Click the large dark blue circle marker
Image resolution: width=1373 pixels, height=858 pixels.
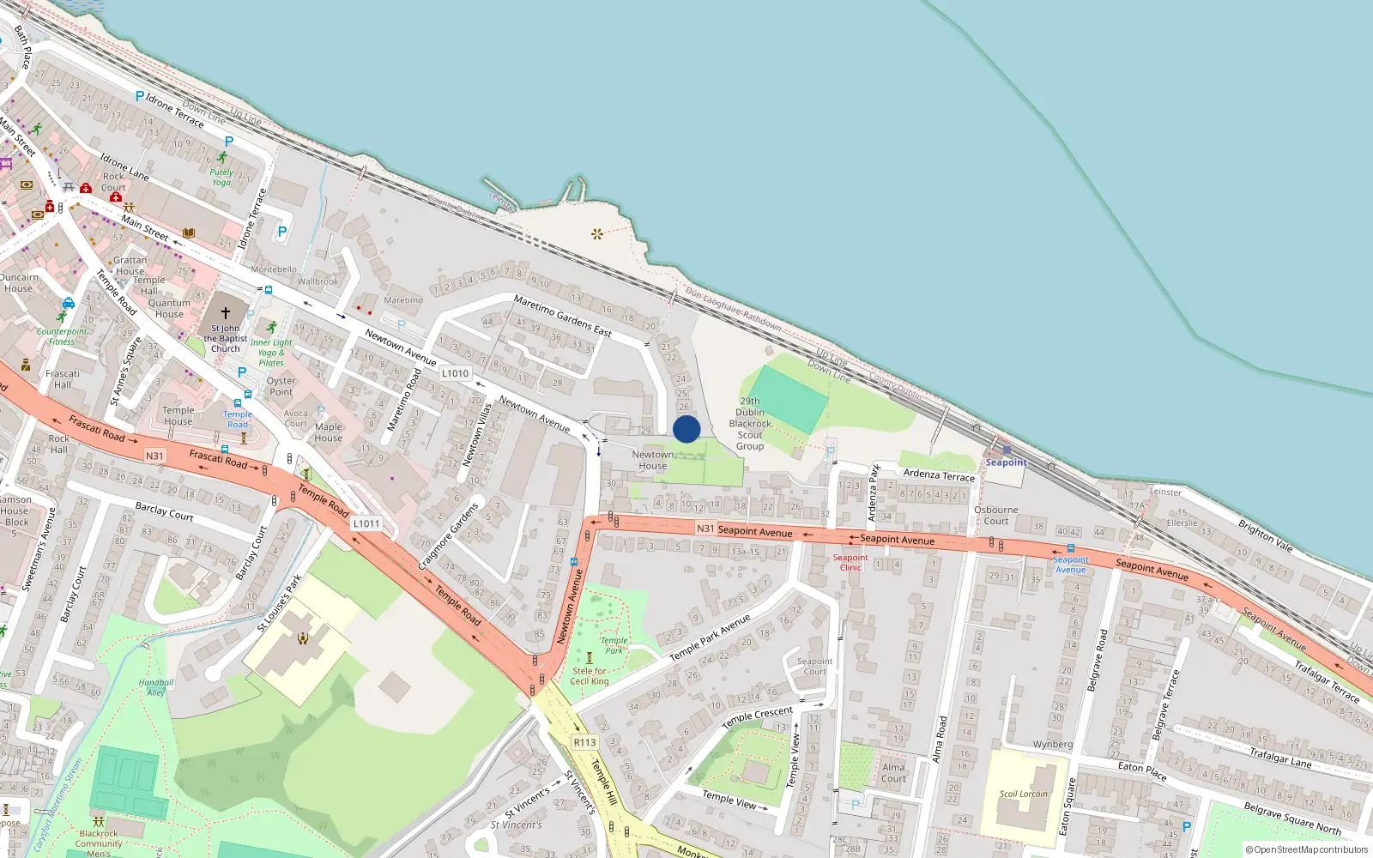686,429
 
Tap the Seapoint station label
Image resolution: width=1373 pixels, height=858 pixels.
1006,462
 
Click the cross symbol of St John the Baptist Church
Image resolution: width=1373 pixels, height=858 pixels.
226,313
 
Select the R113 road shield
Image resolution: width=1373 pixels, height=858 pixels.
584,742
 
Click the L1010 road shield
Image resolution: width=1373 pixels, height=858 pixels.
455,373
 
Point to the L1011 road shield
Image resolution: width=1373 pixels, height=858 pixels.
366,523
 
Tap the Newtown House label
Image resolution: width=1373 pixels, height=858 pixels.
652,461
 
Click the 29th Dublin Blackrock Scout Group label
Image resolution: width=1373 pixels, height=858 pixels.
750,424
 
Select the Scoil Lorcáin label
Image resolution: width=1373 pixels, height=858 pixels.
1023,794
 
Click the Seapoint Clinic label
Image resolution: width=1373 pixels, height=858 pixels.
850,562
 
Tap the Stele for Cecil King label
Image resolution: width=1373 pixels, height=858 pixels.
590,676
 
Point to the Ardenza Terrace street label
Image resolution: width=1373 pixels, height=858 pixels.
939,475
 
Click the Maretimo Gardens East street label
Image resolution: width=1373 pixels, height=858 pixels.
562,316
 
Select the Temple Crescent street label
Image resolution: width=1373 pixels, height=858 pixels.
757,717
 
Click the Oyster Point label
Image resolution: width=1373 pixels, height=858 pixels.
281,386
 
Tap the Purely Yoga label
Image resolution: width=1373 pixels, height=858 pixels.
221,177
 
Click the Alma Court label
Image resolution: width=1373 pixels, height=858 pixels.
893,773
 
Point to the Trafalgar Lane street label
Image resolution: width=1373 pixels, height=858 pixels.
1280,758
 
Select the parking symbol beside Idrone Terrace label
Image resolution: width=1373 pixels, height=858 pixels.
140,97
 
